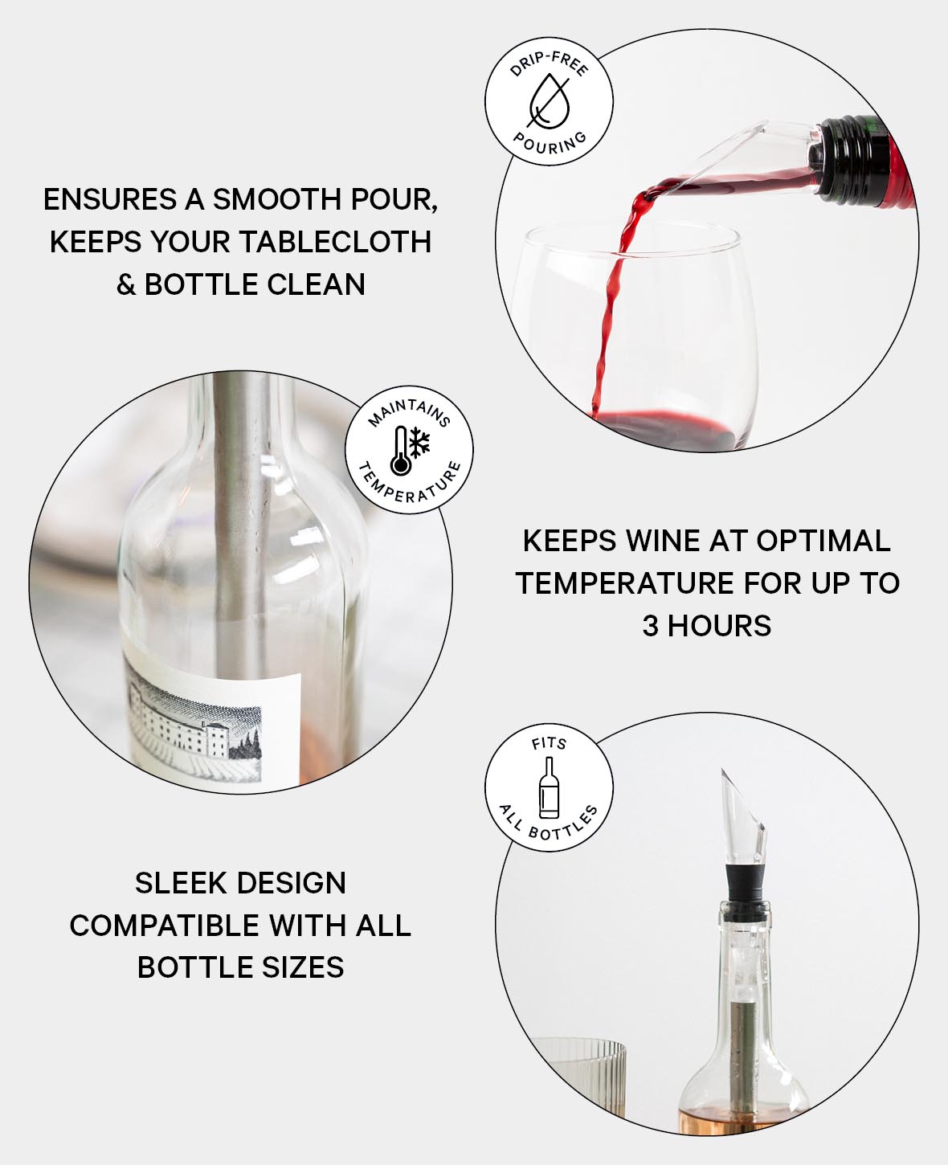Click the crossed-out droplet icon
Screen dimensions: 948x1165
549,102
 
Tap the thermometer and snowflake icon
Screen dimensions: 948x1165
411,450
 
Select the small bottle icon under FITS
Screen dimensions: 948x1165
549,787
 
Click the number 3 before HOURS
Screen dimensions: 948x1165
650,625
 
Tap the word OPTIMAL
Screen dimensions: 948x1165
823,541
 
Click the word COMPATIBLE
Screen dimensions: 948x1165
165,926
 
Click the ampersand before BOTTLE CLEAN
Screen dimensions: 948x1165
126,284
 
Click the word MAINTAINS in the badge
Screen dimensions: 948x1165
410,412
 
